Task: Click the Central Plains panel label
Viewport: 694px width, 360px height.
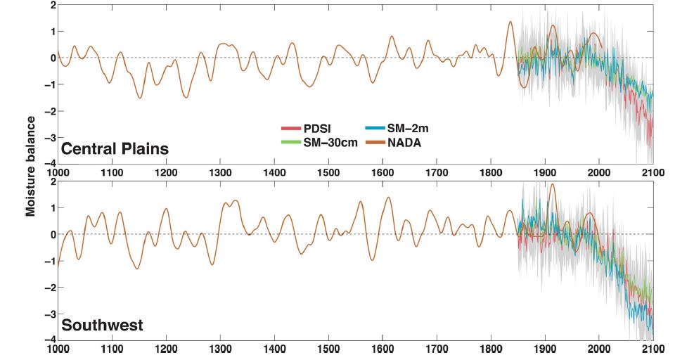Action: pyautogui.click(x=115, y=149)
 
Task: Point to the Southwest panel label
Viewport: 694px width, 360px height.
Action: pyautogui.click(x=103, y=326)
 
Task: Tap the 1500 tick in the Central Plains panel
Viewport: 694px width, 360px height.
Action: pyautogui.click(x=328, y=172)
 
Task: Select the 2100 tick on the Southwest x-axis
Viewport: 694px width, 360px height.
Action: pyautogui.click(x=653, y=347)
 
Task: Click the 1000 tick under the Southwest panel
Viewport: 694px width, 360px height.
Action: pyautogui.click(x=58, y=347)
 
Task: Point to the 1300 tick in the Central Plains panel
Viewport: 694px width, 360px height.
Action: pyautogui.click(x=220, y=172)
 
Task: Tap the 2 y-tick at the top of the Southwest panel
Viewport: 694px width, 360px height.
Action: pyautogui.click(x=51, y=181)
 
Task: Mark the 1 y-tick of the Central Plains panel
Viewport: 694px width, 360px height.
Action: pyautogui.click(x=51, y=31)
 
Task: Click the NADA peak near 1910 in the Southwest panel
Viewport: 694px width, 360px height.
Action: pyautogui.click(x=552, y=184)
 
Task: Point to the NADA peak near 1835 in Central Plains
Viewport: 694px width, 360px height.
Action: pyautogui.click(x=511, y=22)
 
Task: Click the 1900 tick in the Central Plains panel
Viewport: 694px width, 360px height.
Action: pyautogui.click(x=544, y=172)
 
